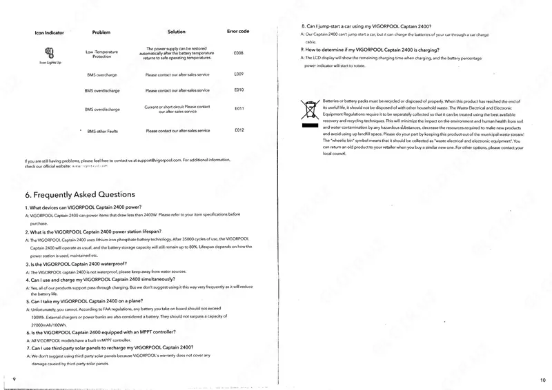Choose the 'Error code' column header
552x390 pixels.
238,32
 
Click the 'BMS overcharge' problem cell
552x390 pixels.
101,74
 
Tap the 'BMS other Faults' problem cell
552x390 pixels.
103,131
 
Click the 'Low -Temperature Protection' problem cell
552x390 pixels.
103,53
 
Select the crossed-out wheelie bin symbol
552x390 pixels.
308,112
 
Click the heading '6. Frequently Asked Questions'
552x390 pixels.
80,194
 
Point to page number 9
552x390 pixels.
14,380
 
